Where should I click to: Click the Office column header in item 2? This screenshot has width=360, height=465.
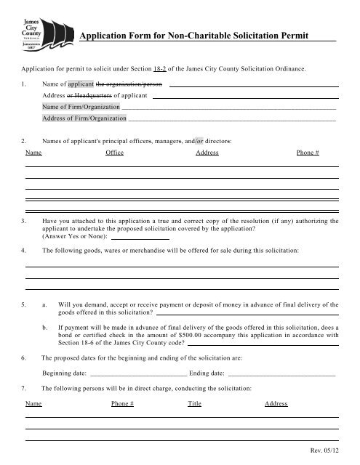tap(115, 154)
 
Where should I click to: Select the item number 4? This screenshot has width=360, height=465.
tap(25, 251)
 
